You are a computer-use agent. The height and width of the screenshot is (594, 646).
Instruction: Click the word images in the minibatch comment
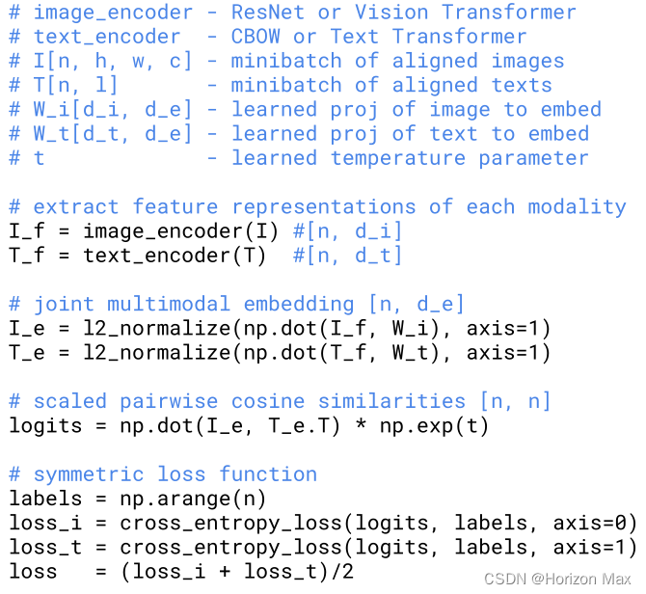click(527, 61)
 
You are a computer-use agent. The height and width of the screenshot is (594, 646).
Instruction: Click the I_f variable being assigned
click(27, 231)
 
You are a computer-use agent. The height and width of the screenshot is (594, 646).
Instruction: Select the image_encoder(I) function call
click(181, 231)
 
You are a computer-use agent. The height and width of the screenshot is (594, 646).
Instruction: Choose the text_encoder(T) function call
click(170, 256)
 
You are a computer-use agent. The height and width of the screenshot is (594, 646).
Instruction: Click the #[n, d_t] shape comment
click(347, 256)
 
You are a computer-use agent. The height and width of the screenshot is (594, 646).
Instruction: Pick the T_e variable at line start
click(27, 353)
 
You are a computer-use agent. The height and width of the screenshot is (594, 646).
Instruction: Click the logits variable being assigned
click(45, 426)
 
